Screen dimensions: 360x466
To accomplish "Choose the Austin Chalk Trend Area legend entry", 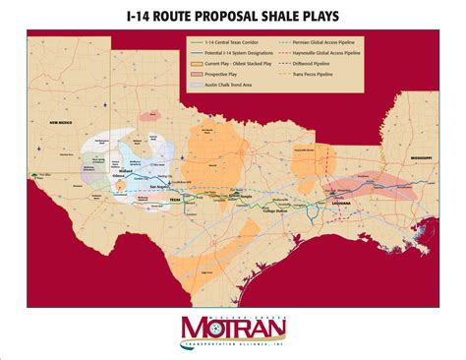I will tap(227, 88).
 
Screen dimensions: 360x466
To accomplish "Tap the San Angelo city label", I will tap(154, 187).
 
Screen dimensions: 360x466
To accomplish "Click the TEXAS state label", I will tap(176, 199).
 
